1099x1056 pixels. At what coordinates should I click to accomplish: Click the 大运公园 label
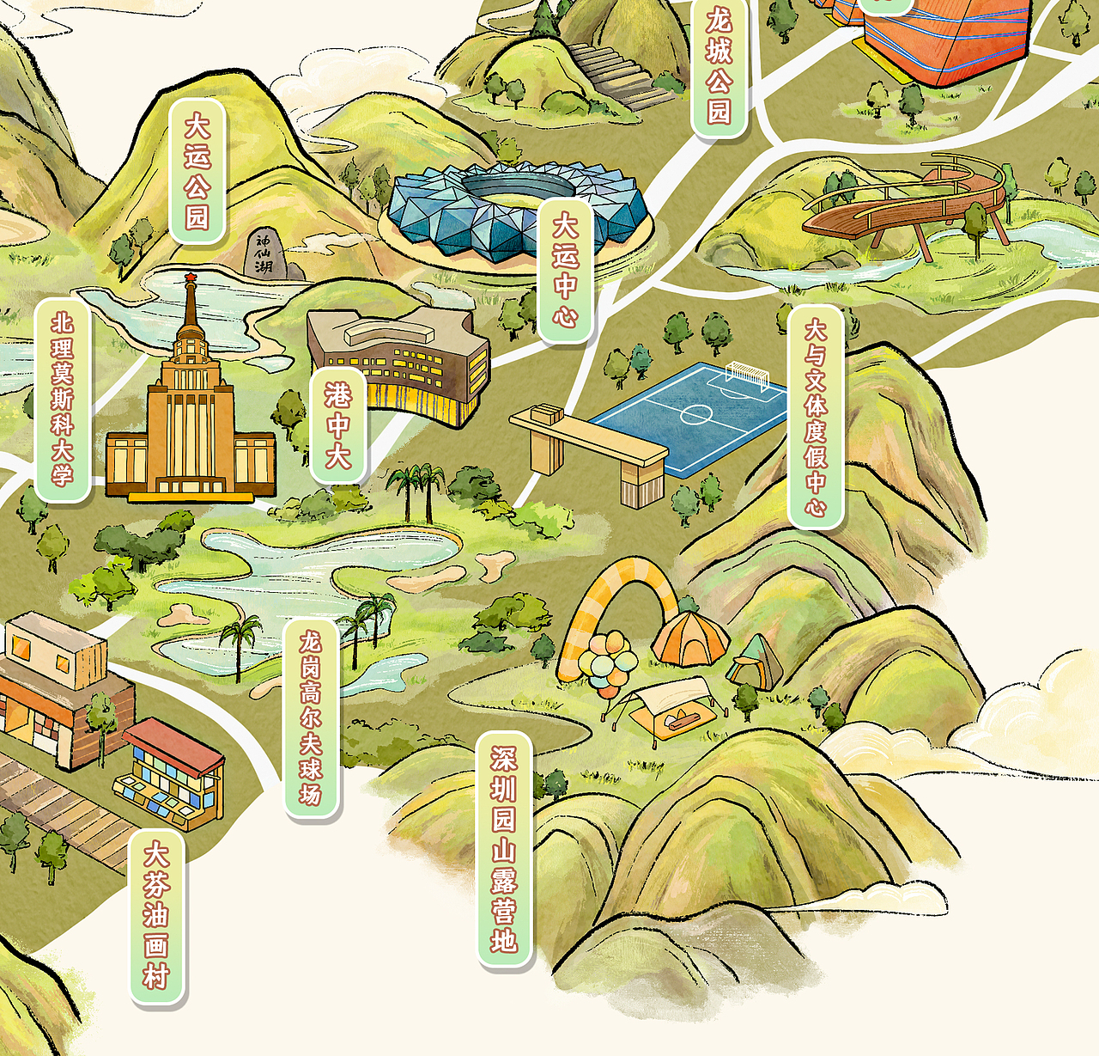click(x=197, y=171)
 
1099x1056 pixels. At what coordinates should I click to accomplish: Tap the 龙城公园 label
click(x=719, y=67)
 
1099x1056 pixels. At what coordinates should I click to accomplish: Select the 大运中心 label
click(x=565, y=271)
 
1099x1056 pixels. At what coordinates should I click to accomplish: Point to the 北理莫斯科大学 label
click(x=62, y=400)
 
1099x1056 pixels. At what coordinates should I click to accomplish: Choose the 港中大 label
click(x=337, y=426)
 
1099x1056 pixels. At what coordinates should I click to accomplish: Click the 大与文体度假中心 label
click(x=815, y=417)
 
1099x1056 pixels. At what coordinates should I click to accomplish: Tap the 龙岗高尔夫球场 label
click(x=310, y=717)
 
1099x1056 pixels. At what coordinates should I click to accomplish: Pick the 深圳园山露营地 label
click(x=504, y=849)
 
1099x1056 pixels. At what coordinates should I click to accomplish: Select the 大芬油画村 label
click(x=156, y=916)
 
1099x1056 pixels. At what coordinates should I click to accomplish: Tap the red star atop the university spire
click(x=190, y=277)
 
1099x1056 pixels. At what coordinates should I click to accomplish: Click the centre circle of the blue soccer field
click(x=695, y=415)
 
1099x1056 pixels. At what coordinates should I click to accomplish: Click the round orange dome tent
click(x=690, y=638)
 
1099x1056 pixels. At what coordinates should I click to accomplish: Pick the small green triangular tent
click(x=756, y=660)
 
